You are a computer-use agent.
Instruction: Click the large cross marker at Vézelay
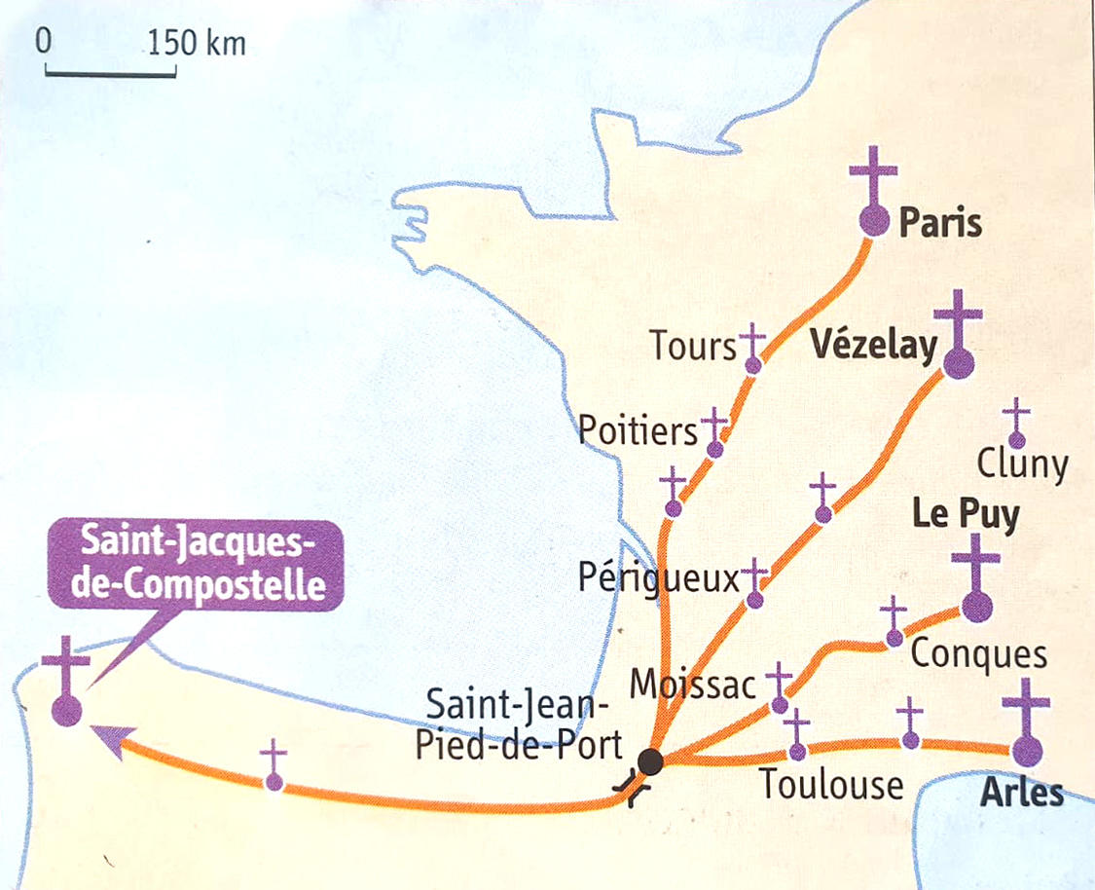958,336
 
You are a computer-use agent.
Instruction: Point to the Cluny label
1021,465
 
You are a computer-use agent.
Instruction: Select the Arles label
1021,793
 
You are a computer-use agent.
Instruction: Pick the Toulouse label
831,784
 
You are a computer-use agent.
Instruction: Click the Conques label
978,654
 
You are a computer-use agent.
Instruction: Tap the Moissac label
692,685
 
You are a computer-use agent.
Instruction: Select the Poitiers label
638,430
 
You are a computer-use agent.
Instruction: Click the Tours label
692,345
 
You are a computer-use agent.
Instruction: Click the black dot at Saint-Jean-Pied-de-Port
650,762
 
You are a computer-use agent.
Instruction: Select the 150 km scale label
197,44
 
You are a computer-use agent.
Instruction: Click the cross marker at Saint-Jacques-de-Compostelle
66,682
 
